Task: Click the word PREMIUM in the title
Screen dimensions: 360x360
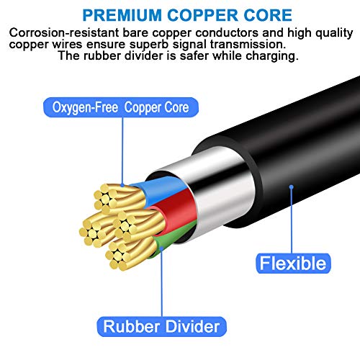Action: pos(122,15)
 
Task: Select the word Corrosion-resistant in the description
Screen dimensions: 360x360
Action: pos(64,32)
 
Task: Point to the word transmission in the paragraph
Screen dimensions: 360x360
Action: pos(248,44)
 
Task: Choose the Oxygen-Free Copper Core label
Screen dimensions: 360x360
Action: pos(121,107)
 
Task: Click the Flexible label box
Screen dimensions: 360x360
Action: pos(293,264)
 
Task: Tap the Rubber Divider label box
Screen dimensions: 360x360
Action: pos(162,327)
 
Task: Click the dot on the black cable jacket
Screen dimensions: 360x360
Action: pos(292,186)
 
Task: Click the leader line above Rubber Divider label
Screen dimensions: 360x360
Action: pos(162,283)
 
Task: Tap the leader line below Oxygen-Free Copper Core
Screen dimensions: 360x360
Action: pos(122,150)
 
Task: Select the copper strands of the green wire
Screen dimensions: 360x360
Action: pos(130,253)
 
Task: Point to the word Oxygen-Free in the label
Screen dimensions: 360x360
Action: pos(85,107)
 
